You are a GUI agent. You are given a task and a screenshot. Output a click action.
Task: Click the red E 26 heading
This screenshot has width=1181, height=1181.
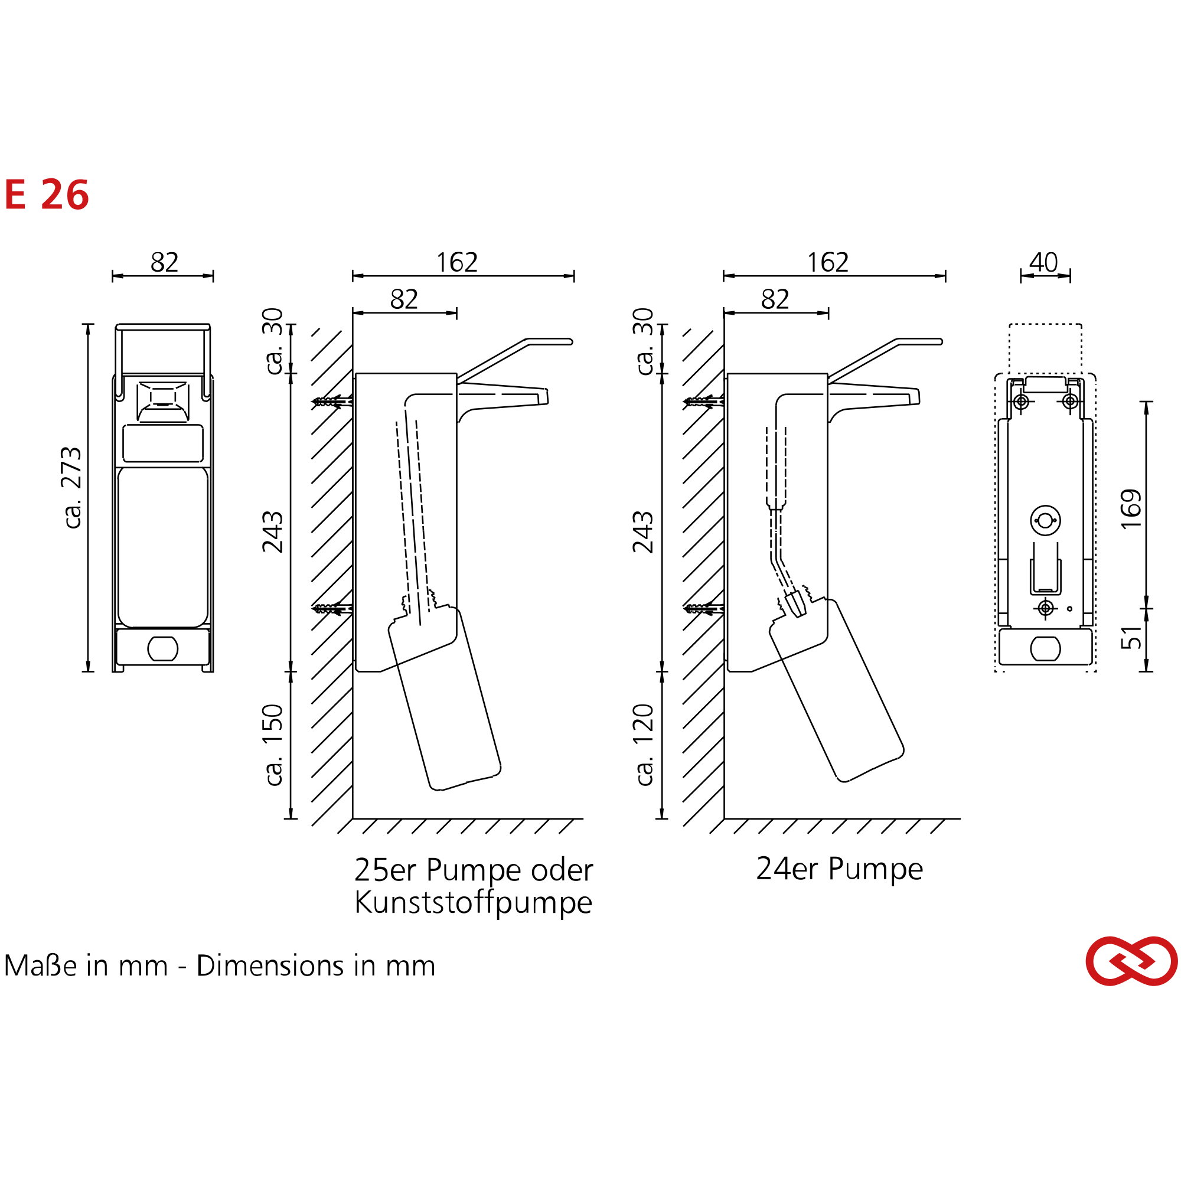pos(47,195)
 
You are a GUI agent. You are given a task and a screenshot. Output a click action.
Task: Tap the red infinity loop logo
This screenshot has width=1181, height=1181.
pos(1131,961)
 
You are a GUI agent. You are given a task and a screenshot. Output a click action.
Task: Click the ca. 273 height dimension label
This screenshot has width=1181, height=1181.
pos(72,487)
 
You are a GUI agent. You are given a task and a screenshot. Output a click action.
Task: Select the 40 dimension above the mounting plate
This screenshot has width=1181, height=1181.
pos(1043,262)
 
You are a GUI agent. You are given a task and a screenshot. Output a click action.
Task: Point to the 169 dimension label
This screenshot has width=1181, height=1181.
pos(1131,508)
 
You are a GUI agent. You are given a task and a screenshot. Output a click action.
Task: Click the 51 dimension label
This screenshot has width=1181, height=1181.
pos(1131,638)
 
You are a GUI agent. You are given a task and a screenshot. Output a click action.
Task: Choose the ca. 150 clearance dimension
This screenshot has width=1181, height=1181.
pos(274,745)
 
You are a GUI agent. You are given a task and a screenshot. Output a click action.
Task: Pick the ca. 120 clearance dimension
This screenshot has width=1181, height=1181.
pos(644,745)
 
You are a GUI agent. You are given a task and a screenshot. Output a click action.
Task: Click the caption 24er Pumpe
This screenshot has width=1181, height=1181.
pos(839,869)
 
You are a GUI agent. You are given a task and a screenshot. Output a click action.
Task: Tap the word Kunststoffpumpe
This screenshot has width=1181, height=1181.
pos(473,903)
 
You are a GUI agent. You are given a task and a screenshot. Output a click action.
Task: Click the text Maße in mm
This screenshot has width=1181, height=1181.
pos(86,967)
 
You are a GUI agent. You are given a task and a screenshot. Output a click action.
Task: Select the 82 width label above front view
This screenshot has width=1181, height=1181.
pos(164,263)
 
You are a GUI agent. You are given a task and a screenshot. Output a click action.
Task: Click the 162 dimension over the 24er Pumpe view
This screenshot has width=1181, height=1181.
pos(828,263)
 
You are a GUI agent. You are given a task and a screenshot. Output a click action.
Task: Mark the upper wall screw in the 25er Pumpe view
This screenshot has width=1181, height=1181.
pos(332,402)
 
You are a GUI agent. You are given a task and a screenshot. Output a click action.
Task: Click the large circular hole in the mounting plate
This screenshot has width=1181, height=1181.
pos(1045,521)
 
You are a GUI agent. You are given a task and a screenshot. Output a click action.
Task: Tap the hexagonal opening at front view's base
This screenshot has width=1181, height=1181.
pos(162,648)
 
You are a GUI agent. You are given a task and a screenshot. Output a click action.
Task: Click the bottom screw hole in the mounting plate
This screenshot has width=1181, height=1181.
pos(1046,608)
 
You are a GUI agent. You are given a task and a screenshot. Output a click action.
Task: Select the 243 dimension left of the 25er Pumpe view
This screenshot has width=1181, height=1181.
pos(273,532)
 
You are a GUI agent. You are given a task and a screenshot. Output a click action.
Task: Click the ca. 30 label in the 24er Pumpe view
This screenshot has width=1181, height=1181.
pos(644,341)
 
